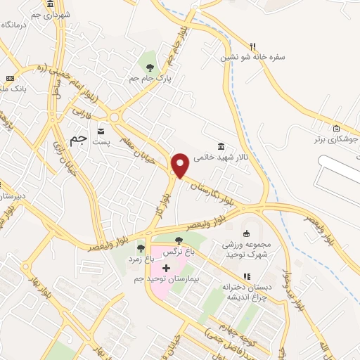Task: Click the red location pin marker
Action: coord(181,165)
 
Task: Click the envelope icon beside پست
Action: coord(101,131)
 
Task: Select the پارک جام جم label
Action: coord(149,79)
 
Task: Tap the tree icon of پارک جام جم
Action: coord(149,67)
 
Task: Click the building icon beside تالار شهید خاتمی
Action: coord(221,146)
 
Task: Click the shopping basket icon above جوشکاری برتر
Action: coord(336,129)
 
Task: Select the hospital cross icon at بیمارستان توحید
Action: coord(166,268)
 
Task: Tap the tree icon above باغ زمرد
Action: coord(141,248)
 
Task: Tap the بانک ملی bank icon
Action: coord(10,78)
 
